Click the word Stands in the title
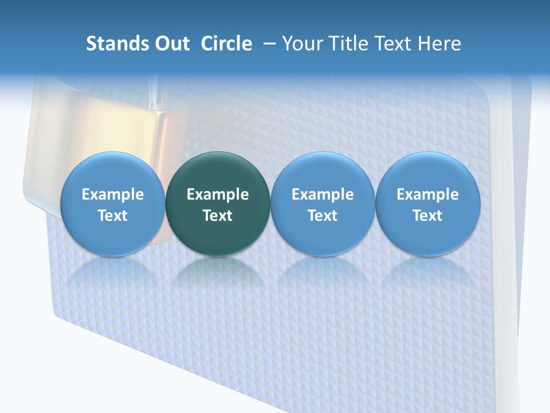click(113, 44)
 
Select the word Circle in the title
click(226, 44)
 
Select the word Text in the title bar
click(395, 44)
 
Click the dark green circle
click(218, 204)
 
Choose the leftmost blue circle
click(113, 204)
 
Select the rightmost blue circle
click(427, 204)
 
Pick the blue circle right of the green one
click(323, 204)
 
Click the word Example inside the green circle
click(218, 194)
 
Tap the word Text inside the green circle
click(218, 216)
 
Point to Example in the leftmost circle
click(113, 194)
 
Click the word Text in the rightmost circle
click(427, 216)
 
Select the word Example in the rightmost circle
click(427, 194)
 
